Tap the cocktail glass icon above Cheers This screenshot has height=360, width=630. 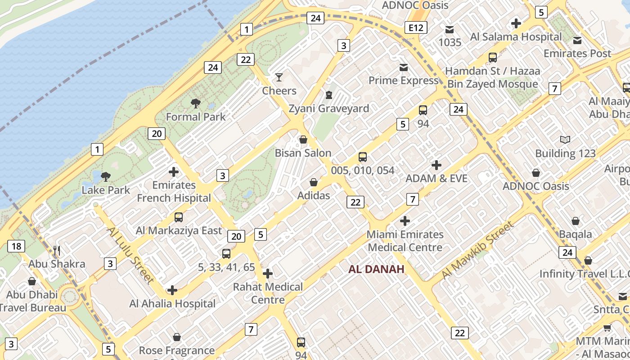(x=279, y=77)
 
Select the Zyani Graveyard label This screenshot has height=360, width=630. (x=328, y=108)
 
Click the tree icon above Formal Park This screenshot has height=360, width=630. (x=195, y=103)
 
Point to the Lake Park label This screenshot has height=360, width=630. (x=106, y=190)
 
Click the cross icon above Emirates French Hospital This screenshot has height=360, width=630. (x=174, y=172)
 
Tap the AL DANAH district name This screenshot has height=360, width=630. (x=376, y=269)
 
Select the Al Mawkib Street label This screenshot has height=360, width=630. (x=477, y=250)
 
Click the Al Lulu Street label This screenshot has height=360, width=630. (x=130, y=255)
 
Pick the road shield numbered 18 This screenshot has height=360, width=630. (x=16, y=246)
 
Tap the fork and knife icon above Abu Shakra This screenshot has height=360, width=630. (x=57, y=251)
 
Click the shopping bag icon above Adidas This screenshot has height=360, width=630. (x=314, y=182)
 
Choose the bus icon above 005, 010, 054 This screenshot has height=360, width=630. (x=363, y=157)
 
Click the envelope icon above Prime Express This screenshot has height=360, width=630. (x=404, y=67)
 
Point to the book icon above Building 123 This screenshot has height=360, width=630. (x=565, y=140)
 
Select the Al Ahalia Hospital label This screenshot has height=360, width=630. (x=172, y=303)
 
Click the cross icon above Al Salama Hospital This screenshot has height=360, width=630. (x=516, y=23)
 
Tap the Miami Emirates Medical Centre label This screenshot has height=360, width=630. (x=405, y=241)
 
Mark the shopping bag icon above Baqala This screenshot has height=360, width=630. (x=576, y=221)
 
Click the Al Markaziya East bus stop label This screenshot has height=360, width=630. (x=179, y=230)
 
